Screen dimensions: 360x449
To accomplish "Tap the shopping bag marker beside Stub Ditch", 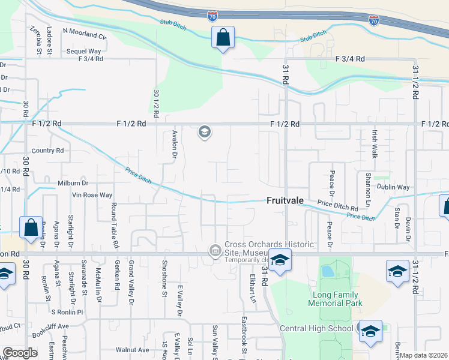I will pos(223,38).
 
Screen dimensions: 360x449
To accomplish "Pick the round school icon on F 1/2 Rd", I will pos(205,132).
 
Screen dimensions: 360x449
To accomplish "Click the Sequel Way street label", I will pos(83,52).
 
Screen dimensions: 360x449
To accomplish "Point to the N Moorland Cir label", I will pos(84,33).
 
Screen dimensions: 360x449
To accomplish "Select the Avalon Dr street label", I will pos(175,144).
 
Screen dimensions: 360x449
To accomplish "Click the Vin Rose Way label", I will pos(92,195).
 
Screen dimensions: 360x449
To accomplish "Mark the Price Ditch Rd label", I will pos(337,205).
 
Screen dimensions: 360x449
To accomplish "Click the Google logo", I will pos(20,353).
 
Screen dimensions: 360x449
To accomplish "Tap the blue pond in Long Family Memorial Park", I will pos(328,271).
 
